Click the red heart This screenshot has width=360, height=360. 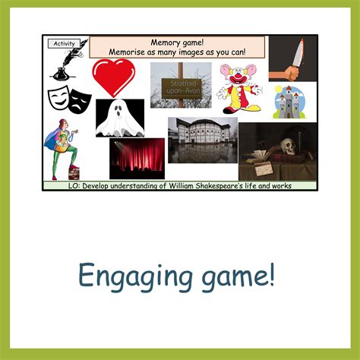coord(114,77)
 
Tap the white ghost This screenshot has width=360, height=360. coord(120,118)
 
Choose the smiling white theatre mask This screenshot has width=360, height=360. coord(59,97)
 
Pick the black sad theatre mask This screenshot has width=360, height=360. coord(80,101)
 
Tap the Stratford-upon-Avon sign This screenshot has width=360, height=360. coord(182,88)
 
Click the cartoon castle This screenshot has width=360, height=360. coord(289,103)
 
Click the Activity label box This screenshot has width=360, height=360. coord(64,43)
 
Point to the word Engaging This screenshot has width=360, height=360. coord(135,276)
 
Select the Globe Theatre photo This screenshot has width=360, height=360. coord(203,140)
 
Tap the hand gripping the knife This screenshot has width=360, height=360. coord(291,72)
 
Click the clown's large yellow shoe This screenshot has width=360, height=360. coord(252,109)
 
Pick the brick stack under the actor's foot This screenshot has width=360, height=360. coord(74,173)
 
